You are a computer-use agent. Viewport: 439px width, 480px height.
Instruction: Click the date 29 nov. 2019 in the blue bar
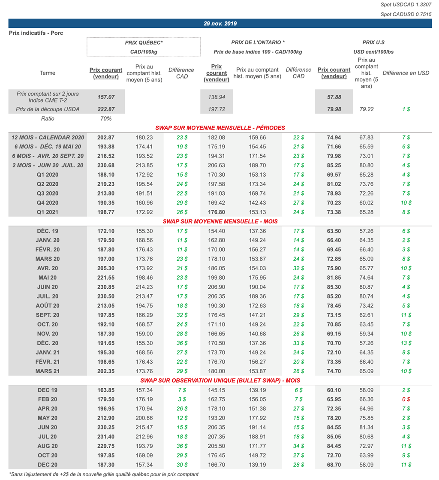tap(220, 24)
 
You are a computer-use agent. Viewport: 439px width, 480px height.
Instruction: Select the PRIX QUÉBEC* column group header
tap(144, 42)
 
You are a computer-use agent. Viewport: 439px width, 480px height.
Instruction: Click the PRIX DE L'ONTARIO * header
tap(258, 42)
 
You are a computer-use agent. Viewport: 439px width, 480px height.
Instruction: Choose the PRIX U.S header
tap(373, 42)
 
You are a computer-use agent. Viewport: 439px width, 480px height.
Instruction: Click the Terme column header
tap(47, 73)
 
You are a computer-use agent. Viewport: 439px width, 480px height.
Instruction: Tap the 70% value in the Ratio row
tap(106, 118)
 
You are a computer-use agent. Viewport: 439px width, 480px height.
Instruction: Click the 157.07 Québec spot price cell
tap(106, 97)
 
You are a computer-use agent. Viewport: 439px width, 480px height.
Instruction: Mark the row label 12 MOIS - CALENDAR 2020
tap(48, 138)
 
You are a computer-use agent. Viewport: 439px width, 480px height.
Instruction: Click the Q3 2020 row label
tap(48, 193)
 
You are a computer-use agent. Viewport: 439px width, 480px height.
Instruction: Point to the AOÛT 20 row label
tap(48, 306)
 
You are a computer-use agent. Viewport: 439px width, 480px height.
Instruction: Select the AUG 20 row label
tap(48, 446)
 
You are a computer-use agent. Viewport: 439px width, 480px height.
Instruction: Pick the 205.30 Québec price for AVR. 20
tap(106, 268)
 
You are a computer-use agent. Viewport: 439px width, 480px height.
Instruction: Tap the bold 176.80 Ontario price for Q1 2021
tap(216, 212)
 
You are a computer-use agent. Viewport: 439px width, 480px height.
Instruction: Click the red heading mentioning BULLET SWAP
tap(220, 380)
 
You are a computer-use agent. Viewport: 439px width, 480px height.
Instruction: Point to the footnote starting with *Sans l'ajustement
tap(103, 474)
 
